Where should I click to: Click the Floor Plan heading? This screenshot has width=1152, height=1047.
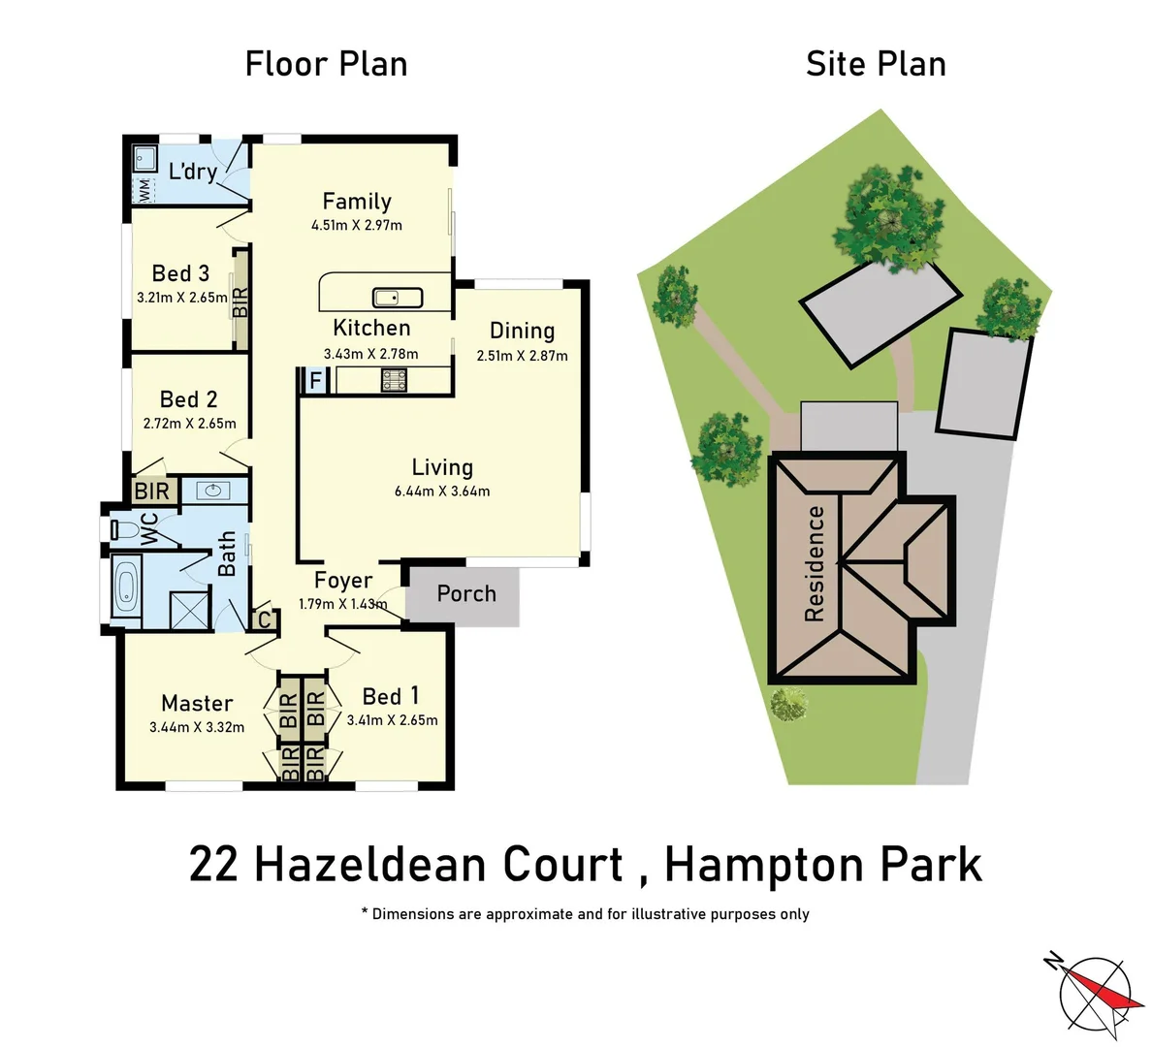[x=326, y=64]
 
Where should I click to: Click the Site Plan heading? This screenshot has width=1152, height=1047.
[x=876, y=64]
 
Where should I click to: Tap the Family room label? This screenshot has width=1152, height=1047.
[x=357, y=201]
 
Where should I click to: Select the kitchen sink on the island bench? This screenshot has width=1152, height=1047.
[x=398, y=298]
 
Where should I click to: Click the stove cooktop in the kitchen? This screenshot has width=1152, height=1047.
[x=394, y=380]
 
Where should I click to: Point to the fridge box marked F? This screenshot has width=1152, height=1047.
[x=314, y=381]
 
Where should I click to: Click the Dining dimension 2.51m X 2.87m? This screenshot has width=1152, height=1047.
[x=522, y=356]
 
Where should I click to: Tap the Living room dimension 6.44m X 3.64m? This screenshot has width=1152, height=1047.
[x=441, y=492]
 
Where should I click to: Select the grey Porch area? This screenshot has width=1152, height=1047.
[x=464, y=594]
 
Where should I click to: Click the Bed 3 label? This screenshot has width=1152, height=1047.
[x=180, y=273]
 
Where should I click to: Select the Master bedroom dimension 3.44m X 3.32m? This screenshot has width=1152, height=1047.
[x=197, y=727]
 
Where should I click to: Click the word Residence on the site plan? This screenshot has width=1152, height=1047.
[x=814, y=563]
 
